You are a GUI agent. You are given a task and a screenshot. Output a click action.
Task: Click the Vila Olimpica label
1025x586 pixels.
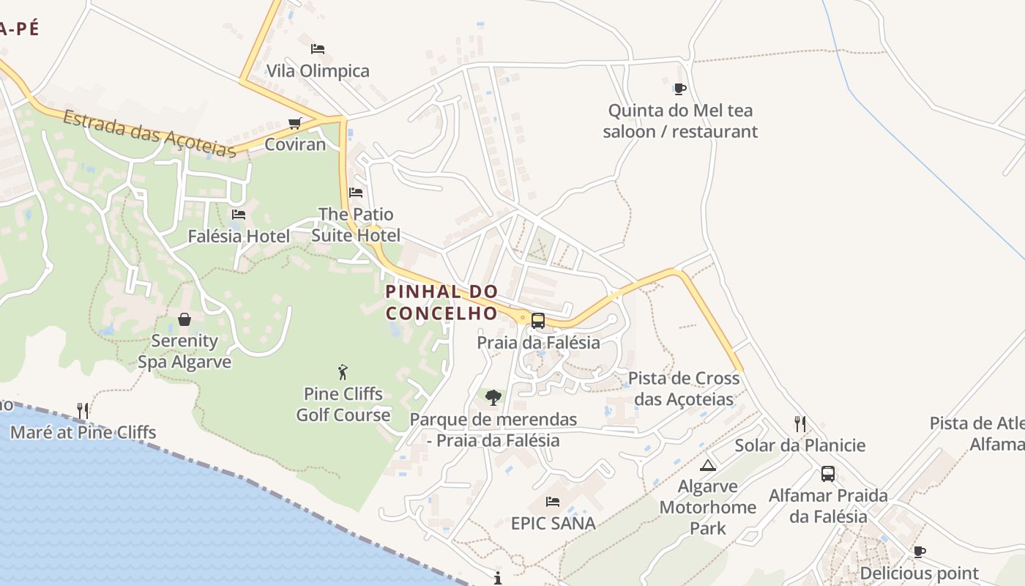[x=318, y=71]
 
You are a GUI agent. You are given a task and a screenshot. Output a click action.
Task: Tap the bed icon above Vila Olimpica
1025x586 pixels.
[x=318, y=49]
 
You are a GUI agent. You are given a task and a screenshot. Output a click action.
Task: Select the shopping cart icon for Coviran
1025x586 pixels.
[x=295, y=123]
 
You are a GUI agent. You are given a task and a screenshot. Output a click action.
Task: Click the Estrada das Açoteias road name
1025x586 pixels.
[x=149, y=133]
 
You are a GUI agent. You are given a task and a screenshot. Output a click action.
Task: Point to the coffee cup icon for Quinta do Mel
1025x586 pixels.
[x=680, y=89]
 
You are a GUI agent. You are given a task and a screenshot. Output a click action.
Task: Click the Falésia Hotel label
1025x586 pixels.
[x=239, y=236]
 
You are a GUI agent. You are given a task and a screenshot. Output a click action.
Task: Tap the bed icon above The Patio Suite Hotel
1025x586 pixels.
[x=356, y=193]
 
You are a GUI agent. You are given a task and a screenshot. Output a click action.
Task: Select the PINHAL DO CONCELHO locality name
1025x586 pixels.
[x=441, y=302]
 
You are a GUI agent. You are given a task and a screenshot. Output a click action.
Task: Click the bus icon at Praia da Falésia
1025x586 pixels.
[x=538, y=320]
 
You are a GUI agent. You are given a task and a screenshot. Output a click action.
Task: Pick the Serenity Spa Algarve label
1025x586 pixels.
[x=184, y=351]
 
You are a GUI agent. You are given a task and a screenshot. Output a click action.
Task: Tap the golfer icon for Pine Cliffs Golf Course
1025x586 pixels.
[x=343, y=372]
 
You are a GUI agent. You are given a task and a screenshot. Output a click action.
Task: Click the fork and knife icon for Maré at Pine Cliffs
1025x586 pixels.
[x=83, y=410]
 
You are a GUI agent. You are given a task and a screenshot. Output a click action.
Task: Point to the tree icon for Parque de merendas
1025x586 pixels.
[x=493, y=398]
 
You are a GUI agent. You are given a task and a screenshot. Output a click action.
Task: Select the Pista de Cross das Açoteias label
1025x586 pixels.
[x=684, y=388]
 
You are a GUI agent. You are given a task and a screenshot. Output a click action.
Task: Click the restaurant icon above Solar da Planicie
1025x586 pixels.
[x=800, y=423]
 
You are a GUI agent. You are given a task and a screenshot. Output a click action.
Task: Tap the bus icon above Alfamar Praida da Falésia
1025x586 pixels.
[x=828, y=474]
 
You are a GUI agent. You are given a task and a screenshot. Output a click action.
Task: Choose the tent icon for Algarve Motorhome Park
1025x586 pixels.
[x=708, y=465]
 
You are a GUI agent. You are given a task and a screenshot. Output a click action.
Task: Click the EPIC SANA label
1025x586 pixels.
[x=553, y=523]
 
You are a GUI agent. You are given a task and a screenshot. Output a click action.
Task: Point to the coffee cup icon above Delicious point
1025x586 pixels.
[x=920, y=552]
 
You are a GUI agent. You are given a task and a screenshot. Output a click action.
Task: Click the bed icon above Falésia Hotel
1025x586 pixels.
[x=239, y=215]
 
